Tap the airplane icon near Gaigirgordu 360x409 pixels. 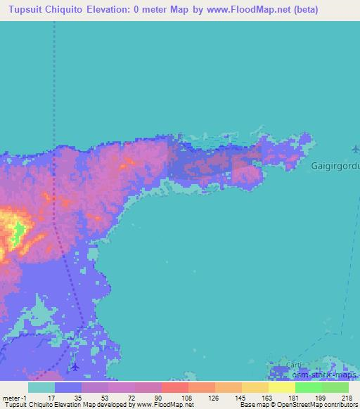(355, 148)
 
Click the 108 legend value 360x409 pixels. (187, 398)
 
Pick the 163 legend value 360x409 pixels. (268, 398)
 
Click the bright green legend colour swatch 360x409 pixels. (308, 387)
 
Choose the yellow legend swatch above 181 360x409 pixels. (281, 387)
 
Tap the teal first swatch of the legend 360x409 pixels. (41, 387)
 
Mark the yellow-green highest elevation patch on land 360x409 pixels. (15, 232)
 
